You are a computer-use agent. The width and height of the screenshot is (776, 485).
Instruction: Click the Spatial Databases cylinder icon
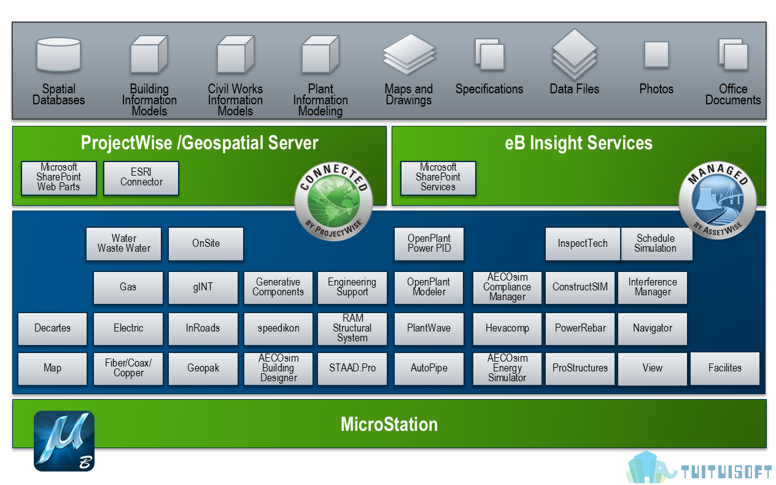58,55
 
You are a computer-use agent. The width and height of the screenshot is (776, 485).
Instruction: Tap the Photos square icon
656,55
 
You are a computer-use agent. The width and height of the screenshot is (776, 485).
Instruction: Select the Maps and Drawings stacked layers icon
409,54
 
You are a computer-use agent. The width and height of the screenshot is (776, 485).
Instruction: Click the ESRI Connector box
141,178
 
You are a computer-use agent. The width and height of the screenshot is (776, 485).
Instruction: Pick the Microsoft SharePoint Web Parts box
59,178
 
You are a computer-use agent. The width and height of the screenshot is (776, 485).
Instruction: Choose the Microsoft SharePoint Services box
438,178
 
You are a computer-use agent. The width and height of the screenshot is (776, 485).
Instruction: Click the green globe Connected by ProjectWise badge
333,201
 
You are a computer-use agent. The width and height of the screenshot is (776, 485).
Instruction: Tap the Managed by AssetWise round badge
718,200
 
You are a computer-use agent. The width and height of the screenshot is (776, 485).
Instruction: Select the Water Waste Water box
123,244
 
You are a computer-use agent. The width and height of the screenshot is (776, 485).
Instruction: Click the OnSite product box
206,244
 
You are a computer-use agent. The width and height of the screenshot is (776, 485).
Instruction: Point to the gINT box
203,287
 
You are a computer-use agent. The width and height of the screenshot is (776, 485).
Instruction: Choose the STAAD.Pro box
352,368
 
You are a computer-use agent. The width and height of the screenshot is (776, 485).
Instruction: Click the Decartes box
52,328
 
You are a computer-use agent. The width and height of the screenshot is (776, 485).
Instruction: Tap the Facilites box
725,368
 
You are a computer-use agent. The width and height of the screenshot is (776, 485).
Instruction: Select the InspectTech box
583,244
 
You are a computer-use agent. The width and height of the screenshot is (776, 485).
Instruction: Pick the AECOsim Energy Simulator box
507,368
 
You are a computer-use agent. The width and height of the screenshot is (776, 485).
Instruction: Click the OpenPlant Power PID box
429,244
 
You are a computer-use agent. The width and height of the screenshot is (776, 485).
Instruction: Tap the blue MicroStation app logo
64,441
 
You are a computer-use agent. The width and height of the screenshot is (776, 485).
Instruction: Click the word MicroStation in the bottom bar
389,424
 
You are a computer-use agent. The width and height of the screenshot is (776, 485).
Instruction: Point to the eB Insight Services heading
578,143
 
